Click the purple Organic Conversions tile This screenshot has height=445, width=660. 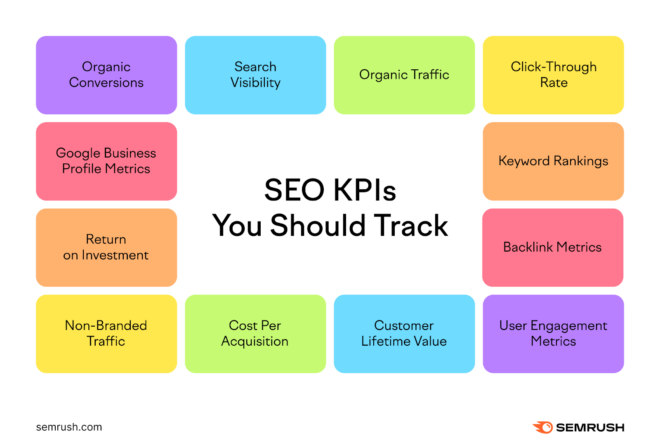pos(106,75)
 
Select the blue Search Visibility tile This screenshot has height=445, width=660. pos(255,75)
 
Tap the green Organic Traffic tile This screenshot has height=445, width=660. pos(404,75)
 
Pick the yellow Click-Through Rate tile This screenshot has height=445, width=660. pos(553,75)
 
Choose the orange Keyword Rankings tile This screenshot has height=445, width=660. pos(553,161)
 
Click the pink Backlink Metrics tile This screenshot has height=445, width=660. pos(553,247)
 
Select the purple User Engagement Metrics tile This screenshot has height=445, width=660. pos(553,334)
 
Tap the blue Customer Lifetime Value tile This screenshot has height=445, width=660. pos(404,334)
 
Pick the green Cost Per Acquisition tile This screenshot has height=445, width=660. pos(255,334)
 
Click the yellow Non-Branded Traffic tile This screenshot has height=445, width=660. pos(106,334)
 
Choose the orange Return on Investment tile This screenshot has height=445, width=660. pos(106,247)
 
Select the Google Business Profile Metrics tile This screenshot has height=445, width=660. pos(106,161)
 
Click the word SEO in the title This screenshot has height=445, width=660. pos(295,190)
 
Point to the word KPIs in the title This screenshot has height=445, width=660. pos(364,190)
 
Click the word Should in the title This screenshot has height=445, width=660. pos(318,226)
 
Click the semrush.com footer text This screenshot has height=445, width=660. pos(69,427)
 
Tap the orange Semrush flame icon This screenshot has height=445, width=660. pos(543,427)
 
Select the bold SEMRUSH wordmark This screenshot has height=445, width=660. pos(590,428)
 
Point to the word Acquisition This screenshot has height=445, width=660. pos(255,341)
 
